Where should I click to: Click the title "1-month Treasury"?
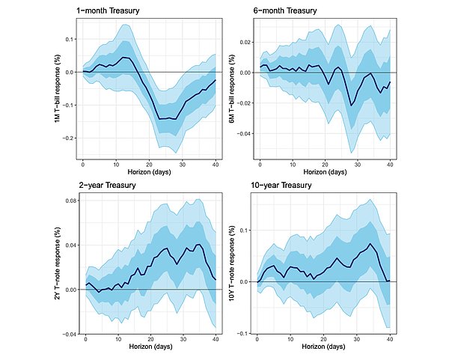point(108,11)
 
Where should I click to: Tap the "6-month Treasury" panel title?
point(285,11)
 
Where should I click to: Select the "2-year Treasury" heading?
point(107,186)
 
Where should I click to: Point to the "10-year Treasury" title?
point(281,186)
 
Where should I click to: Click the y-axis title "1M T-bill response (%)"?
point(58,91)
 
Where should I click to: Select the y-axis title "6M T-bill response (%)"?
point(232,89)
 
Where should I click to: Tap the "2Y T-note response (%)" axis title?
point(58,263)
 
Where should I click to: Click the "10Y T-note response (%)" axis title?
point(232,263)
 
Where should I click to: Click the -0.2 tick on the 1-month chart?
point(68,138)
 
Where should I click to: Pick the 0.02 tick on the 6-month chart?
point(244,43)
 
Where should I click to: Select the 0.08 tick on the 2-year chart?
point(71,201)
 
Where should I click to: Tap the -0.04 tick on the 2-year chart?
point(70,335)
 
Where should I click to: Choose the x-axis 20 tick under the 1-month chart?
point(149,165)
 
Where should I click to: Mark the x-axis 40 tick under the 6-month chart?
point(390,165)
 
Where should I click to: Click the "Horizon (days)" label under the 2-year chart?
point(150,347)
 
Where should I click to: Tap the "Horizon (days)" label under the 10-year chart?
point(323,347)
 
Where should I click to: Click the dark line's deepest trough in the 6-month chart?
point(352,106)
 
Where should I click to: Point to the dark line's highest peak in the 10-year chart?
point(370,244)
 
